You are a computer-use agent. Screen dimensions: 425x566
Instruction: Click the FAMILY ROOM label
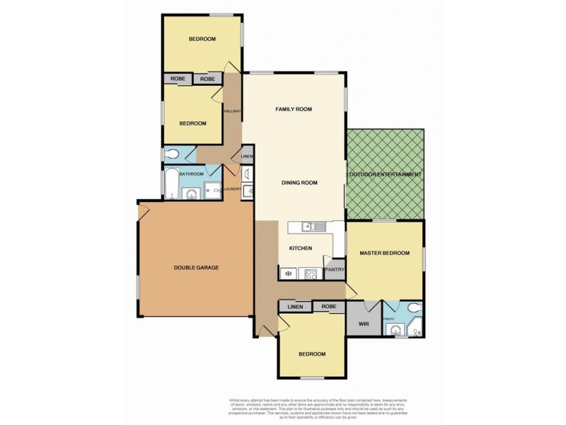pos(294,109)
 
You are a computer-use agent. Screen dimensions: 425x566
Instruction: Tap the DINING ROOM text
pos(299,183)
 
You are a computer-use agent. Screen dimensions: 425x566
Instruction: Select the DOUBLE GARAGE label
pos(196,268)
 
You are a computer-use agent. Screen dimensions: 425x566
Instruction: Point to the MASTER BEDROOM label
pos(384,253)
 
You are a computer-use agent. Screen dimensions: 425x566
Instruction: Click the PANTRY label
pos(334,270)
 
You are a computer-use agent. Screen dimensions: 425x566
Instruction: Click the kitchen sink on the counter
pos(311,227)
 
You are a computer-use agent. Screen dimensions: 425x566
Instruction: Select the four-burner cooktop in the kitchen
pos(308,273)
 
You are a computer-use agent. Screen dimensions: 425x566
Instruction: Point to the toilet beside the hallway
pos(171,155)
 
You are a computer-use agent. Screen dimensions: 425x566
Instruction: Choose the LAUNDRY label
pos(233,189)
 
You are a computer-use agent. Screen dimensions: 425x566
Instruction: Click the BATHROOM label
pos(191,174)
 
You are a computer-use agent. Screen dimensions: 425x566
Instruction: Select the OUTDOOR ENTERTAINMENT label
pos(386,174)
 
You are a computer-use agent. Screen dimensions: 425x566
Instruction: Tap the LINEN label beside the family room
pos(246,157)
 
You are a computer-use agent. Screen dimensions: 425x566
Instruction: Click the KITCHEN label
pos(301,248)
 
